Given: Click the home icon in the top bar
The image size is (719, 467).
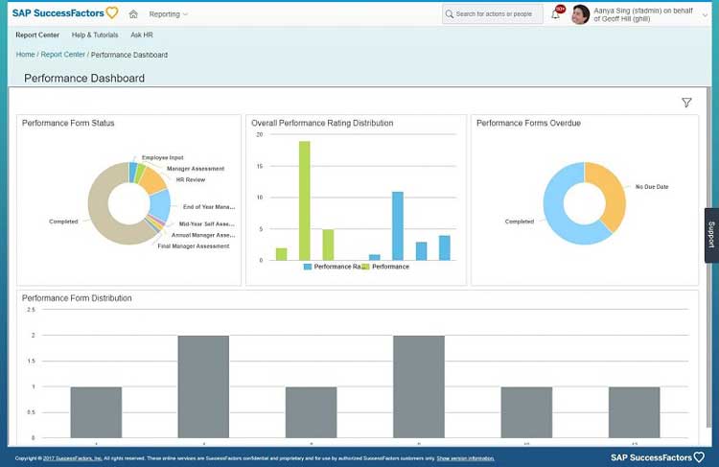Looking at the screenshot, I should [133, 14].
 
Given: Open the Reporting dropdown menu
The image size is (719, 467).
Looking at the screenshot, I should [168, 14].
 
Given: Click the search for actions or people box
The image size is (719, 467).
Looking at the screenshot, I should [493, 14].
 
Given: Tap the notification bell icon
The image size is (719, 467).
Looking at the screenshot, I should [556, 14].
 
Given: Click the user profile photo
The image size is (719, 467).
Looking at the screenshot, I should [580, 14].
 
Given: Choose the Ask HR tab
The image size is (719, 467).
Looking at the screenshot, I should [142, 35].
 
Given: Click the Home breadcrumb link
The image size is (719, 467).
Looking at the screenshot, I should [25, 55].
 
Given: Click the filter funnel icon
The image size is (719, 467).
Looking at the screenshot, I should [686, 103].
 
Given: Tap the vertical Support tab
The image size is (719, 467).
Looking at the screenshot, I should [711, 235].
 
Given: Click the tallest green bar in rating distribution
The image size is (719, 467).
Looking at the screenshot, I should [305, 200].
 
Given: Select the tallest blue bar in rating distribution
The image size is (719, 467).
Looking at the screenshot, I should [398, 225].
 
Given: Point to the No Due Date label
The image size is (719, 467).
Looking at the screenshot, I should [652, 187].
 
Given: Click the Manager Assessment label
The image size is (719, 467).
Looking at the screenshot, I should [196, 169].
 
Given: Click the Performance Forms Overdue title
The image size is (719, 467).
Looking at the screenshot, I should [528, 124].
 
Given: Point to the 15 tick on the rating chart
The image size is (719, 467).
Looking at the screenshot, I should [259, 166].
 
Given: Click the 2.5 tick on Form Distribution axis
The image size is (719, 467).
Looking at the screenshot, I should [31, 310].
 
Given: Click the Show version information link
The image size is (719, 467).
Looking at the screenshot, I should [465, 459].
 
